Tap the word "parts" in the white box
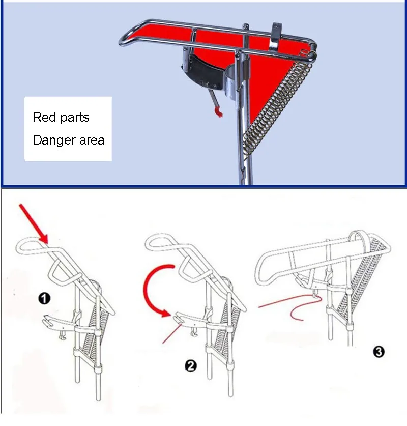75,118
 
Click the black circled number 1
44,298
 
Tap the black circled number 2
191,365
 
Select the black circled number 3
379,352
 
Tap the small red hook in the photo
218,111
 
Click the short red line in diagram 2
171,334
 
